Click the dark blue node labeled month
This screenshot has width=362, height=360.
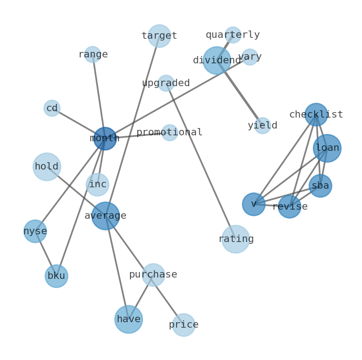click(x=105, y=139)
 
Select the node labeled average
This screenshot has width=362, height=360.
click(x=105, y=216)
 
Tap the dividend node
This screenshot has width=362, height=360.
click(x=217, y=60)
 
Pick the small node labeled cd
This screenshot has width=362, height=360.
click(x=52, y=108)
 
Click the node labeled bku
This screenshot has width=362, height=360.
click(x=56, y=276)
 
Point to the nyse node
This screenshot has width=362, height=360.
click(x=35, y=231)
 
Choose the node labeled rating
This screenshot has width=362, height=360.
click(x=236, y=239)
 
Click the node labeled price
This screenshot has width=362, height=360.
click(x=183, y=324)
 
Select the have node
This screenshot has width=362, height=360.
click(x=128, y=319)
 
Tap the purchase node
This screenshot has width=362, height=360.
click(x=153, y=274)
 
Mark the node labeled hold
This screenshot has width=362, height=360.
click(x=47, y=166)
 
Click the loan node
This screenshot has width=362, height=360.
click(x=327, y=148)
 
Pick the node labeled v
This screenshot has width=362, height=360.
click(x=253, y=204)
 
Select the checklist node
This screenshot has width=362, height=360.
click(x=316, y=114)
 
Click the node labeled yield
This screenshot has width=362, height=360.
click(x=262, y=125)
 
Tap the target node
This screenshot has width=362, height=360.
click(x=159, y=36)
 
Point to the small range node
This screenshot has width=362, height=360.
click(x=93, y=54)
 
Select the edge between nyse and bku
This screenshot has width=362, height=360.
click(x=46, y=253)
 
